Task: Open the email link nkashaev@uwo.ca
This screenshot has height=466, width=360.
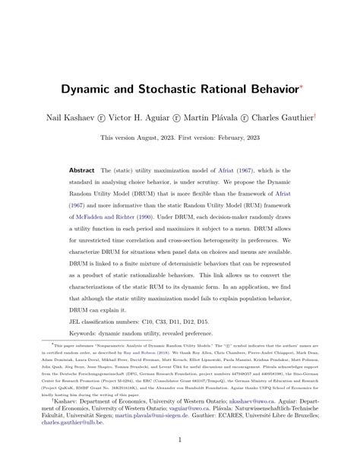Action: tap(264, 401)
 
